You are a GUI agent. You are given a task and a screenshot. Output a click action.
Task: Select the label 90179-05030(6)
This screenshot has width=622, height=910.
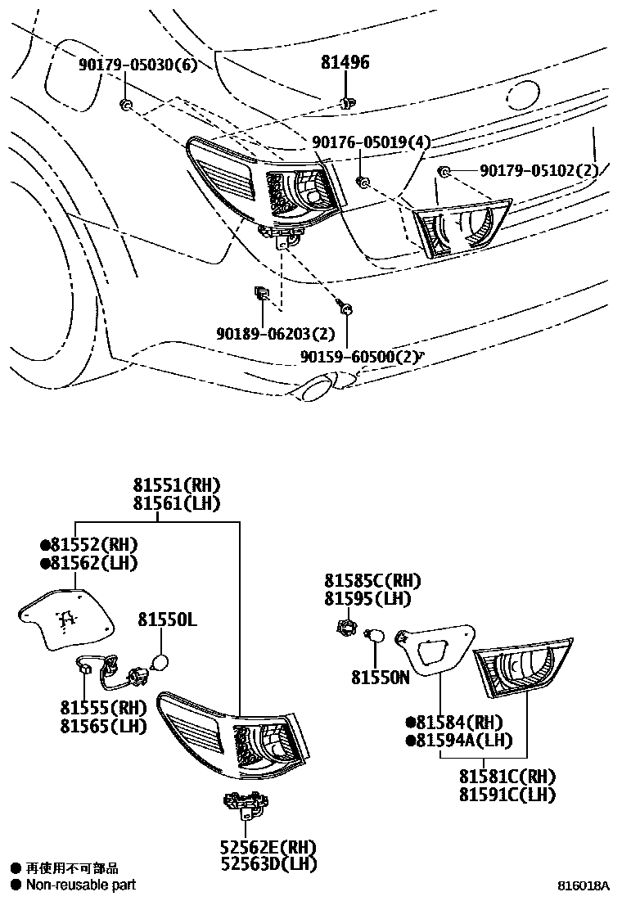[x=138, y=65]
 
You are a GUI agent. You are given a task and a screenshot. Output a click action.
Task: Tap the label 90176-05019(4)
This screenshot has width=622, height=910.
[x=371, y=142]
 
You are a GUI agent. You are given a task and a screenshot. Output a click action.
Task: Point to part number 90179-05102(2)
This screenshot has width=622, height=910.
[x=539, y=170]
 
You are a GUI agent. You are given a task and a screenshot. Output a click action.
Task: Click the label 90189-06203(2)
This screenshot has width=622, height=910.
[x=276, y=334]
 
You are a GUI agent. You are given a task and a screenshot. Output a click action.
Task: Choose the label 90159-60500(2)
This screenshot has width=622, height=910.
[x=358, y=357]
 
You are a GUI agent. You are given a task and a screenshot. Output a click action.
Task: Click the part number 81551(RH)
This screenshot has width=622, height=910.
[x=179, y=485]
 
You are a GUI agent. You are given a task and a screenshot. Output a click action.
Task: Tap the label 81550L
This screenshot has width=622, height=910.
[x=167, y=620]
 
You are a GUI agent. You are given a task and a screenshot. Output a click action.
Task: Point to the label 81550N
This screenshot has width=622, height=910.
[x=380, y=678]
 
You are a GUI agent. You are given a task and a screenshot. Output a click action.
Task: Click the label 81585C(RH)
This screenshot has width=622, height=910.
[x=372, y=581]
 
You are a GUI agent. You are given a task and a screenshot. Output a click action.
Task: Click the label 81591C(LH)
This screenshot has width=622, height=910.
[x=507, y=794]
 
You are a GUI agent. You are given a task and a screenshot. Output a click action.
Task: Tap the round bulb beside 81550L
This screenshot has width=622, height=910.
[x=161, y=662]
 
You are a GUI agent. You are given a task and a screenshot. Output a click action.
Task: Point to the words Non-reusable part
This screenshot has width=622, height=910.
[x=80, y=884]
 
